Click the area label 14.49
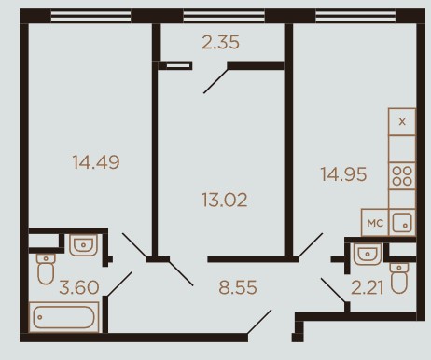[96, 162]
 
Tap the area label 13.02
[225, 200]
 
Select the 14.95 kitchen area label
[343, 174]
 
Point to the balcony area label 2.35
[220, 42]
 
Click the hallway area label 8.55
[238, 287]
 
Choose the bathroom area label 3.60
[79, 287]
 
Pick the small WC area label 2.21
[368, 287]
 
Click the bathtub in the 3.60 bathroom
[63, 317]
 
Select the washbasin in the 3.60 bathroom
[83, 245]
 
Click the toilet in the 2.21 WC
[399, 278]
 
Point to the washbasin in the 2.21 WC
[368, 254]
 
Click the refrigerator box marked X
[402, 121]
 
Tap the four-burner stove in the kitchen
[402, 176]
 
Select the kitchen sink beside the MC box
[402, 222]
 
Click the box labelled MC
[375, 223]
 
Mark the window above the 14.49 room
[90, 16]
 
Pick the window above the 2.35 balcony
[224, 16]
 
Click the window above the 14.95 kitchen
[355, 16]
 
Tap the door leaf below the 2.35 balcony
[215, 81]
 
